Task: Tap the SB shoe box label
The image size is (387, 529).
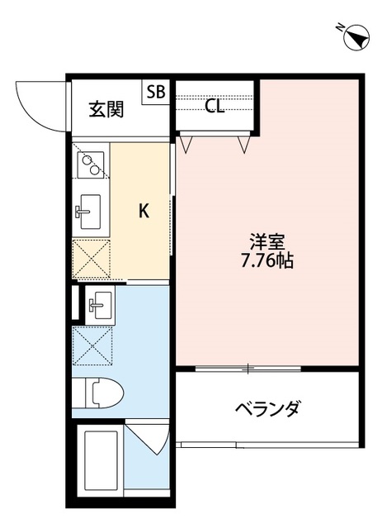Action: pyautogui.click(x=156, y=91)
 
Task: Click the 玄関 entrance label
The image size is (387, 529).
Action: pyautogui.click(x=107, y=109)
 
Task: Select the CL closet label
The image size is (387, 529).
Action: pyautogui.click(x=215, y=106)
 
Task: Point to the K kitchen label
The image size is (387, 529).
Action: pyautogui.click(x=144, y=212)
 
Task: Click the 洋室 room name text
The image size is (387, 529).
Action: pyautogui.click(x=268, y=243)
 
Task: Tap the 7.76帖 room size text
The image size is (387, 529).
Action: pyautogui.click(x=268, y=262)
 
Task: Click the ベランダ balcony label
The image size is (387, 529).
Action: pyautogui.click(x=267, y=408)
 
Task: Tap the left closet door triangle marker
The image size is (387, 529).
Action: pyautogui.click(x=186, y=144)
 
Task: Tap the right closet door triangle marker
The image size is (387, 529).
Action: pyautogui.click(x=244, y=144)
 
